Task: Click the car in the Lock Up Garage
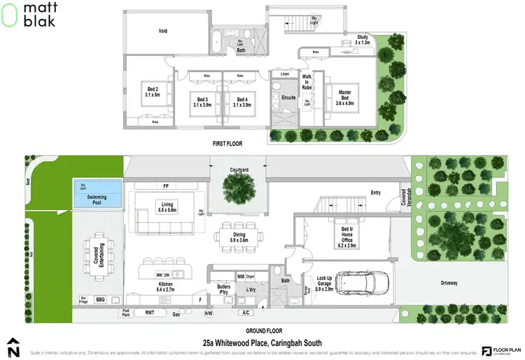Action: (x=360, y=282)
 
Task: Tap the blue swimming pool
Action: (x=97, y=198)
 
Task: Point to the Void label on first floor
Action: (x=162, y=31)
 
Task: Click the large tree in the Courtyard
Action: (x=239, y=188)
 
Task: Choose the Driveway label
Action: (x=449, y=283)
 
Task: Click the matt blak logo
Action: (x=25, y=15)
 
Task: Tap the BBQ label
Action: (x=99, y=298)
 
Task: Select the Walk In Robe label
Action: (x=307, y=81)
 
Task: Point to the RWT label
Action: (x=149, y=312)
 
